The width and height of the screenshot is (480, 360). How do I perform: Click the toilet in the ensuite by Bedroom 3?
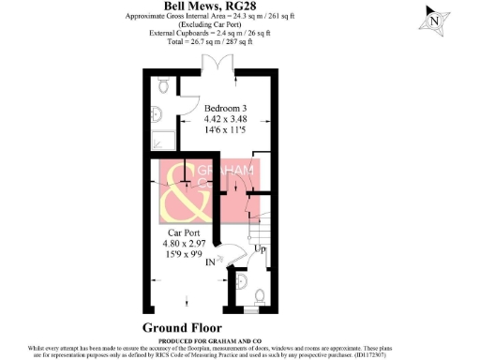[x=165, y=86]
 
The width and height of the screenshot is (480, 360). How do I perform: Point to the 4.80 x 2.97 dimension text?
[x=186, y=245]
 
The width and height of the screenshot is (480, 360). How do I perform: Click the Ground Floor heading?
[x=185, y=327]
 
